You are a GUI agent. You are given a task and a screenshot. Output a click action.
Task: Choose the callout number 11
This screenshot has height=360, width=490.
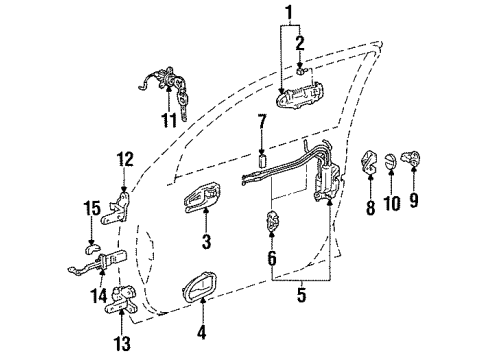pos(167,120)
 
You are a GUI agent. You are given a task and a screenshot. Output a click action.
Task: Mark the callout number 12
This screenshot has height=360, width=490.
pos(123,158)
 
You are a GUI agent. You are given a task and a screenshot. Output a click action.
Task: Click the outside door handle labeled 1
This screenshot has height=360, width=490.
pos(302,98)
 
